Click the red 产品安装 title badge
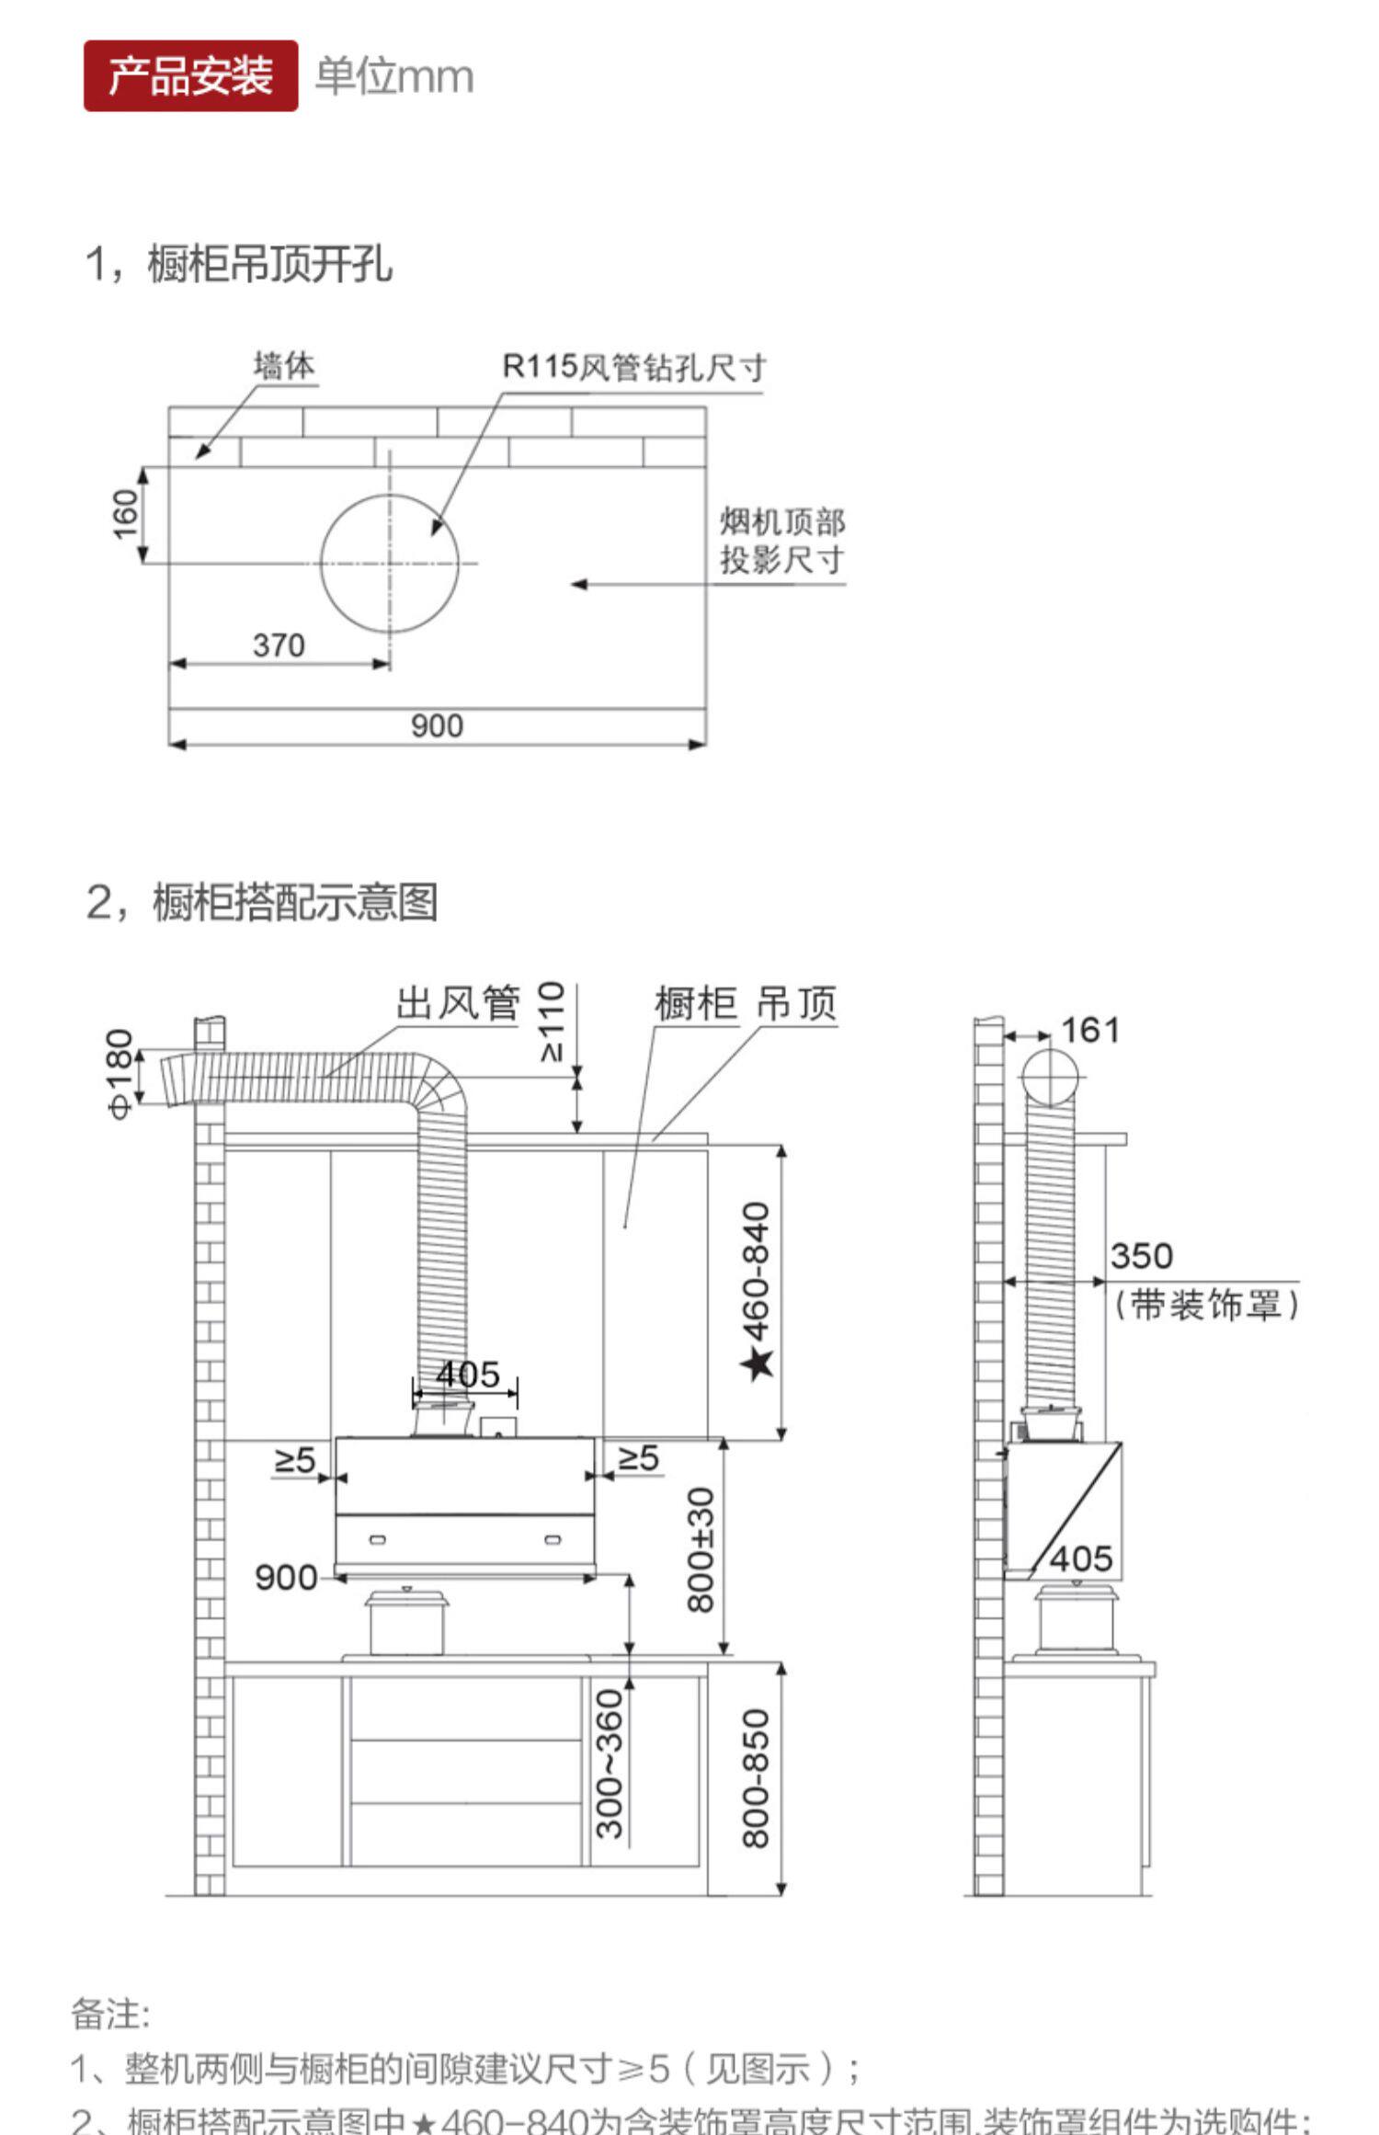190,75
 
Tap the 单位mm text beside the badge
394,76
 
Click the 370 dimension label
279,645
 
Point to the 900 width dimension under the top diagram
437,726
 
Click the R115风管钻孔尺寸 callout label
633,368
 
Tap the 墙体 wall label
284,366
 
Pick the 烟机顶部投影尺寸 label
781,541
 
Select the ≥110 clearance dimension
551,1022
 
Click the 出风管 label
458,1003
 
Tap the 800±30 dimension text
701,1550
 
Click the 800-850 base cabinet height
756,1778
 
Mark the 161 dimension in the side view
1090,1031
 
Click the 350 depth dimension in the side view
1141,1256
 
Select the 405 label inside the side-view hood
1081,1559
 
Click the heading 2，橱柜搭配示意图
262,902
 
